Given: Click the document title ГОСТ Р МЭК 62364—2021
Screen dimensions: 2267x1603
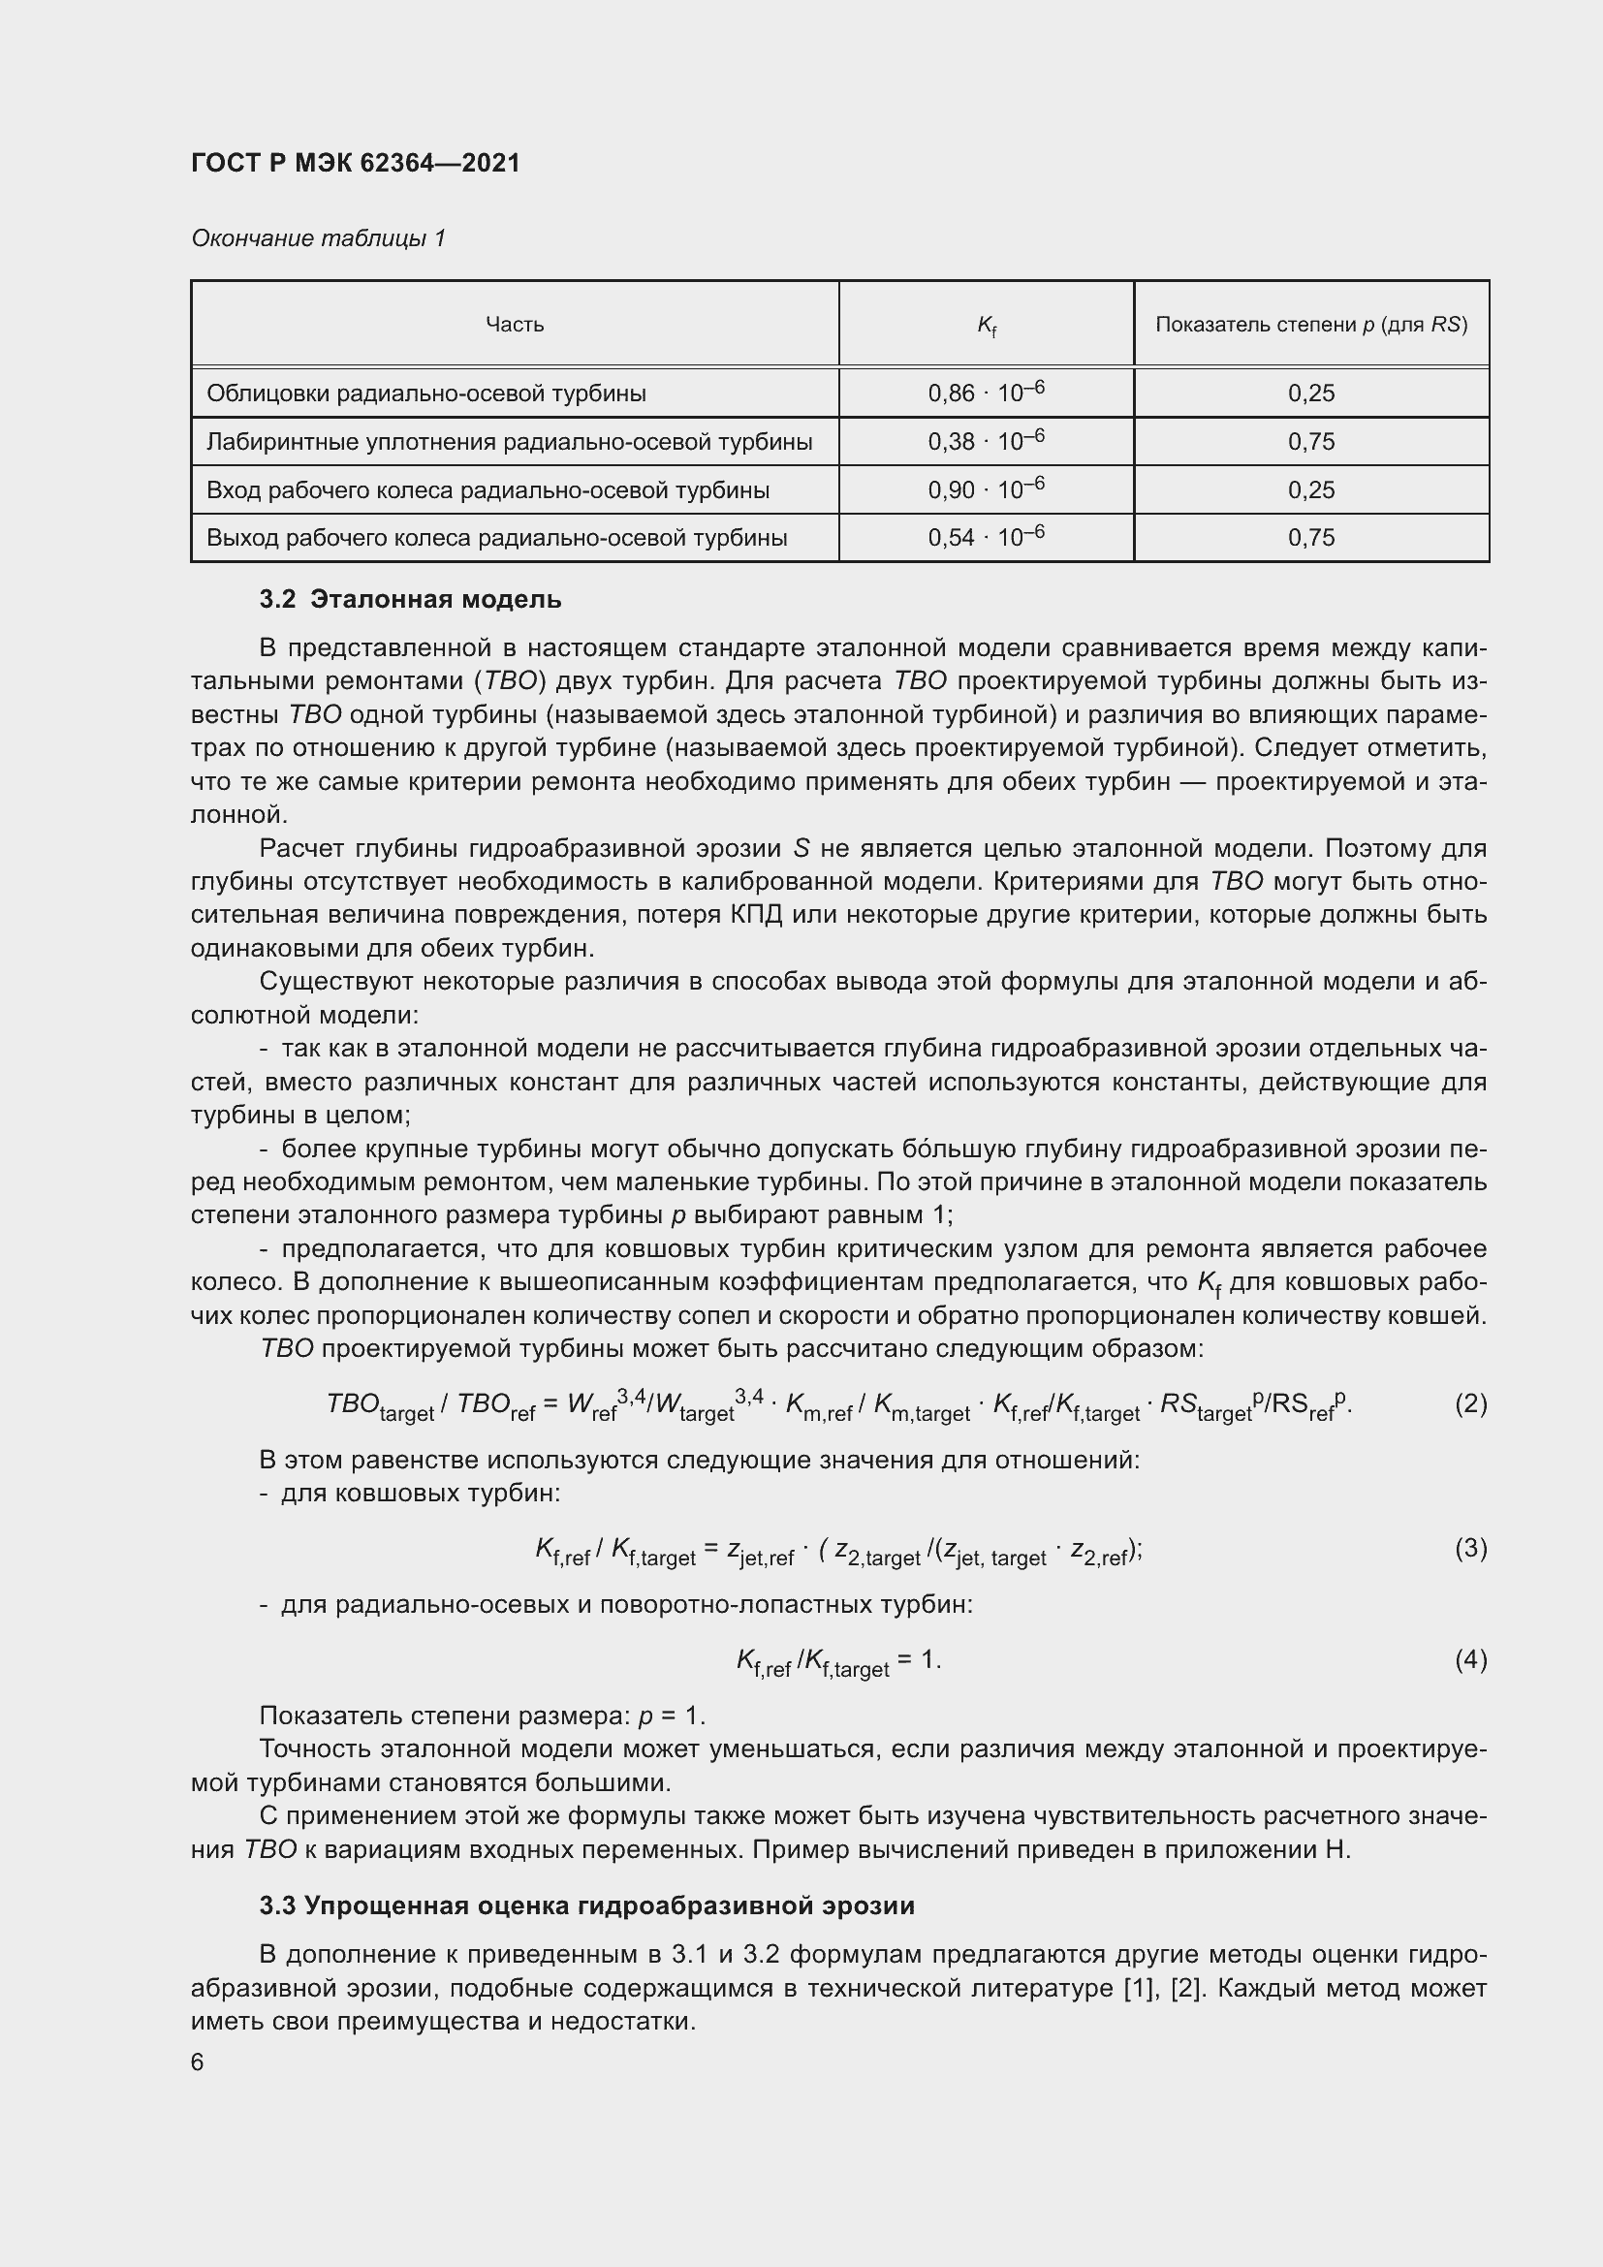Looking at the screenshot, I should click(356, 163).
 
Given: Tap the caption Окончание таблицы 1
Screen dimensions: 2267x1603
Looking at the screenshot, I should click(318, 238).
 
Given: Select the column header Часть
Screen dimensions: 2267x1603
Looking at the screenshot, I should click(515, 325).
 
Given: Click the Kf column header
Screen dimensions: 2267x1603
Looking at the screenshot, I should click(986, 326).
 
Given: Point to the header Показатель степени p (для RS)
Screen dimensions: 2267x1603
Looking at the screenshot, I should click(1311, 325).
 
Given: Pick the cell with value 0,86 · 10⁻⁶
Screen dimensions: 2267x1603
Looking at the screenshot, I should click(986, 393).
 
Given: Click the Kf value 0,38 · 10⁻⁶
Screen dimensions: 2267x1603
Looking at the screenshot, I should click(986, 441).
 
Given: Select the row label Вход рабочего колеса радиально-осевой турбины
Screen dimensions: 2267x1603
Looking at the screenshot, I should click(487, 489).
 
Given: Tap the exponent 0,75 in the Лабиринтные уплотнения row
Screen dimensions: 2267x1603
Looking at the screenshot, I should click(1311, 441).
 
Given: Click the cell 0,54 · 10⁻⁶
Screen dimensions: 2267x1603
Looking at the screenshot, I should click(986, 537).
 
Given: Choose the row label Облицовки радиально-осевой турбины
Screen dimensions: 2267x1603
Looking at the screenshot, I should click(426, 393).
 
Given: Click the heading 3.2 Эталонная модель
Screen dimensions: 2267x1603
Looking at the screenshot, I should click(411, 599).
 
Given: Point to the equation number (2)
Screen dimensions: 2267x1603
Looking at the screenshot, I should click(1470, 1403).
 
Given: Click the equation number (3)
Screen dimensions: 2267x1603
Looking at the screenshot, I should click(1470, 1547).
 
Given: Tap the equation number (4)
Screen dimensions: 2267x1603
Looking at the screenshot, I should click(1470, 1659).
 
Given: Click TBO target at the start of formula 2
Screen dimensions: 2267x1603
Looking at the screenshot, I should click(380, 1406).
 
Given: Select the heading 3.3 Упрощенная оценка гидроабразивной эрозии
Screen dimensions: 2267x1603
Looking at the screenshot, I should click(587, 1905).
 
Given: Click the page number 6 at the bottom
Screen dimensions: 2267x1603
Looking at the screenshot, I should click(198, 2062).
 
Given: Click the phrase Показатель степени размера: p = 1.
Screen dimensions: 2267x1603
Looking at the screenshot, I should click(482, 1716).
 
